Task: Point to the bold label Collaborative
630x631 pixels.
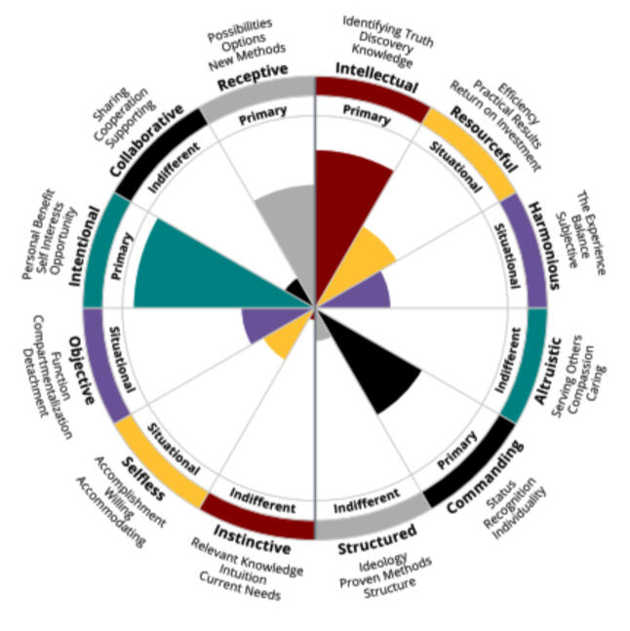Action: pyautogui.click(x=147, y=140)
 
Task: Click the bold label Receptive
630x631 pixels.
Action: pyautogui.click(x=253, y=75)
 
